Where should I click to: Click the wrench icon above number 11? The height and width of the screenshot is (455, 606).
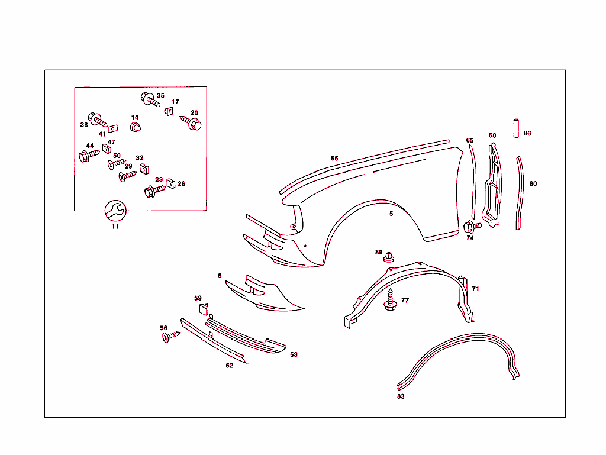pyautogui.click(x=115, y=210)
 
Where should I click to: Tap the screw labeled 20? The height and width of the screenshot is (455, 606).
pyautogui.click(x=192, y=123)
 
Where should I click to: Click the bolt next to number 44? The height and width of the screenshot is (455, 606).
pyautogui.click(x=88, y=156)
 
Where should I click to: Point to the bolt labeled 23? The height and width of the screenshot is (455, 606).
pyautogui.click(x=153, y=191)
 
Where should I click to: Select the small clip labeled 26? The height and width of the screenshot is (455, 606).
pyautogui.click(x=171, y=183)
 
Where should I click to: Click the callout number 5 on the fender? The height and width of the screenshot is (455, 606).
pyautogui.click(x=391, y=214)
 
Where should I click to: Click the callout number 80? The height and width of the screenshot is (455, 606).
pyautogui.click(x=533, y=184)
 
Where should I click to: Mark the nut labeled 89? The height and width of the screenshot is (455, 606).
pyautogui.click(x=389, y=257)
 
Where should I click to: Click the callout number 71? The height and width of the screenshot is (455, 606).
pyautogui.click(x=475, y=289)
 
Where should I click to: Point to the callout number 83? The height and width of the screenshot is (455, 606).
pyautogui.click(x=401, y=396)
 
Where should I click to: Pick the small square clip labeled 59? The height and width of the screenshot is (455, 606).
pyautogui.click(x=202, y=308)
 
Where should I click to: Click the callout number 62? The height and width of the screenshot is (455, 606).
pyautogui.click(x=230, y=366)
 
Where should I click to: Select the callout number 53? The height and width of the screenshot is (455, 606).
pyautogui.click(x=294, y=354)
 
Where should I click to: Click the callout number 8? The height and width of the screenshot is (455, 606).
pyautogui.click(x=220, y=276)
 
